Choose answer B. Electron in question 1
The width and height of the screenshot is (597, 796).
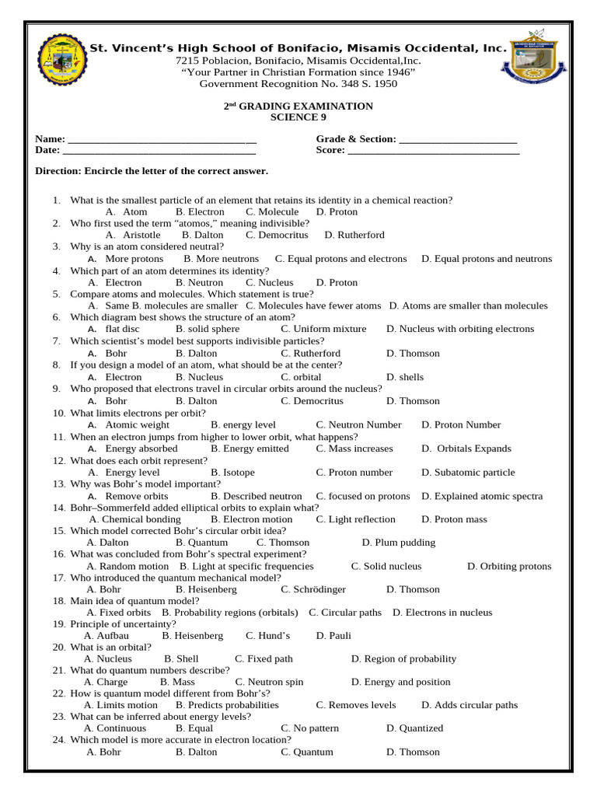click(x=200, y=212)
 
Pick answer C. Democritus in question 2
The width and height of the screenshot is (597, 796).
click(x=277, y=235)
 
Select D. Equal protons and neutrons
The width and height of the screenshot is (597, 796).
click(x=487, y=259)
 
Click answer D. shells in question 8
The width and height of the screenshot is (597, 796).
click(x=405, y=377)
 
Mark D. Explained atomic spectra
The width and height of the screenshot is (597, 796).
click(x=482, y=496)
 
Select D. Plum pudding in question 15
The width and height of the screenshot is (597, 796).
click(x=399, y=543)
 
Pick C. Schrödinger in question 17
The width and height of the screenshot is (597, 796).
click(x=313, y=589)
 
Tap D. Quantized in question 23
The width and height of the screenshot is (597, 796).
click(x=414, y=728)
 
